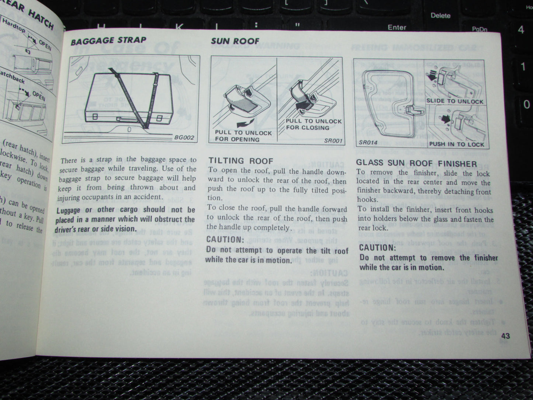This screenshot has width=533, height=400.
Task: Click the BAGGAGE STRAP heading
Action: [108, 41]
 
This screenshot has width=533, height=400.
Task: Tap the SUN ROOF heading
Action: [235, 41]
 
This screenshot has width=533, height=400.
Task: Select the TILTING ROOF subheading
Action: [241, 161]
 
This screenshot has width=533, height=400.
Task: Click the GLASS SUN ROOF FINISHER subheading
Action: [416, 163]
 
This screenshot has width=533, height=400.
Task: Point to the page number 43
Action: [505, 336]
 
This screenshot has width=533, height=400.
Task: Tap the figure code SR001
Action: [333, 141]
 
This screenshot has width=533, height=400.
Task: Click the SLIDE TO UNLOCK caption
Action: [454, 101]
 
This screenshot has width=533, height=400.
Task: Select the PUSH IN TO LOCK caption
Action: [456, 144]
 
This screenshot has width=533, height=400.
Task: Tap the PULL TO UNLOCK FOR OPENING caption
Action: [243, 136]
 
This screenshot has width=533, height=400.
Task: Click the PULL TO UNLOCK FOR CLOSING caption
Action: [314, 124]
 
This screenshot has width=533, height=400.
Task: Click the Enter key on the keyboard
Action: [397, 27]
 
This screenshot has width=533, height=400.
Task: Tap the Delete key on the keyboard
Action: [440, 15]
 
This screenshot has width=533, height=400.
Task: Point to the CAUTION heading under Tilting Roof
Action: [225, 239]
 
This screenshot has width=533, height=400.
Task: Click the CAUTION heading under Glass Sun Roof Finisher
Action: [377, 248]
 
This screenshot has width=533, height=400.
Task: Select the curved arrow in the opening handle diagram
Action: [239, 123]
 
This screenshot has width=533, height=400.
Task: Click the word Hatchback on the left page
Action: [13, 76]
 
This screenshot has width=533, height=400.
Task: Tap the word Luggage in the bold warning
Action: [68, 210]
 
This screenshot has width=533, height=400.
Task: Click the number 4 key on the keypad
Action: [521, 30]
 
